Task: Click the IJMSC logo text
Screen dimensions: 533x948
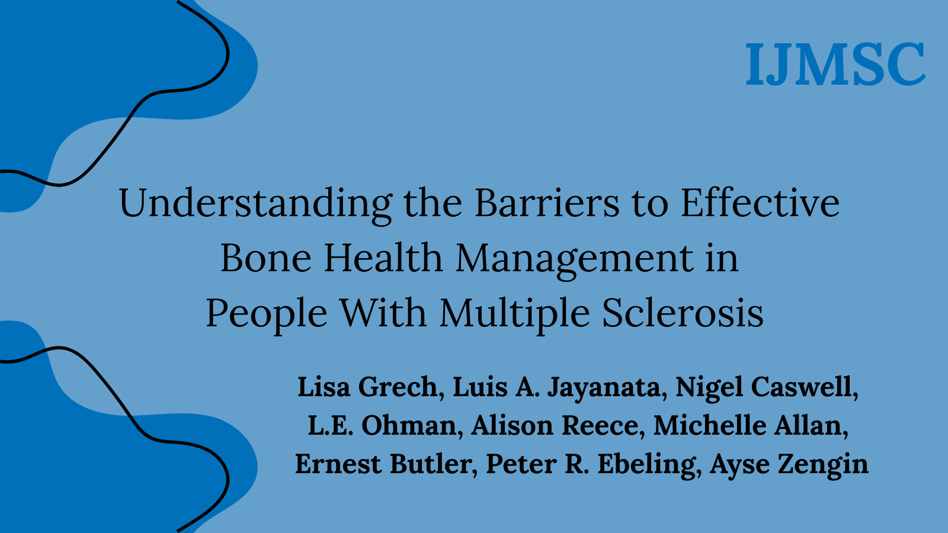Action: pos(835,64)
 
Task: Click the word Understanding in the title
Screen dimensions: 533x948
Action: pos(255,203)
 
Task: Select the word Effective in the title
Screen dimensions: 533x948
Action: pos(760,203)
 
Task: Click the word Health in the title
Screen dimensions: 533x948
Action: pos(383,258)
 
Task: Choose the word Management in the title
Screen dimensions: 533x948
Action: pos(574,258)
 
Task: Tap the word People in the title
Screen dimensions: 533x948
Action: pos(266,313)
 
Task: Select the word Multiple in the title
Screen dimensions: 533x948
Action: pos(514,313)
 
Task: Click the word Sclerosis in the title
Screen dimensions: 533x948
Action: pos(683,313)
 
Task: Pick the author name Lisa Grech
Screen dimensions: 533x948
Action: pos(367,387)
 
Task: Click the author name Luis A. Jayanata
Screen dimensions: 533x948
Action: pos(556,387)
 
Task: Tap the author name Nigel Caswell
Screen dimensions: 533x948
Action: pos(766,387)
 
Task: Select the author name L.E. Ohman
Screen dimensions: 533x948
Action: pos(382,426)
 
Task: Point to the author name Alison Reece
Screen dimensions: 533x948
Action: pos(555,426)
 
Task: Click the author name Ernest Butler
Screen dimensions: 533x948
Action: pos(385,464)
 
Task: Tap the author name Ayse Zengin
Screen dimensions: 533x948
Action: pos(789,464)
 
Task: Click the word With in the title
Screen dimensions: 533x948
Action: pos(383,313)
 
